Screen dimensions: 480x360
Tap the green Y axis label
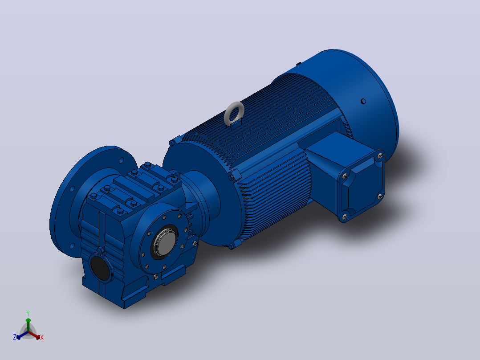(x=28, y=313)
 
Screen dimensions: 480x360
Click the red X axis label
(x=42, y=337)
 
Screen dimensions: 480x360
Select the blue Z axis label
(x=15, y=337)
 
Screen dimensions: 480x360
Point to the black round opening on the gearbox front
(x=100, y=268)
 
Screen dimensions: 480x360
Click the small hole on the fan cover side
(x=363, y=101)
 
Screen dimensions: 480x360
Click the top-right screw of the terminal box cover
(x=380, y=155)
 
